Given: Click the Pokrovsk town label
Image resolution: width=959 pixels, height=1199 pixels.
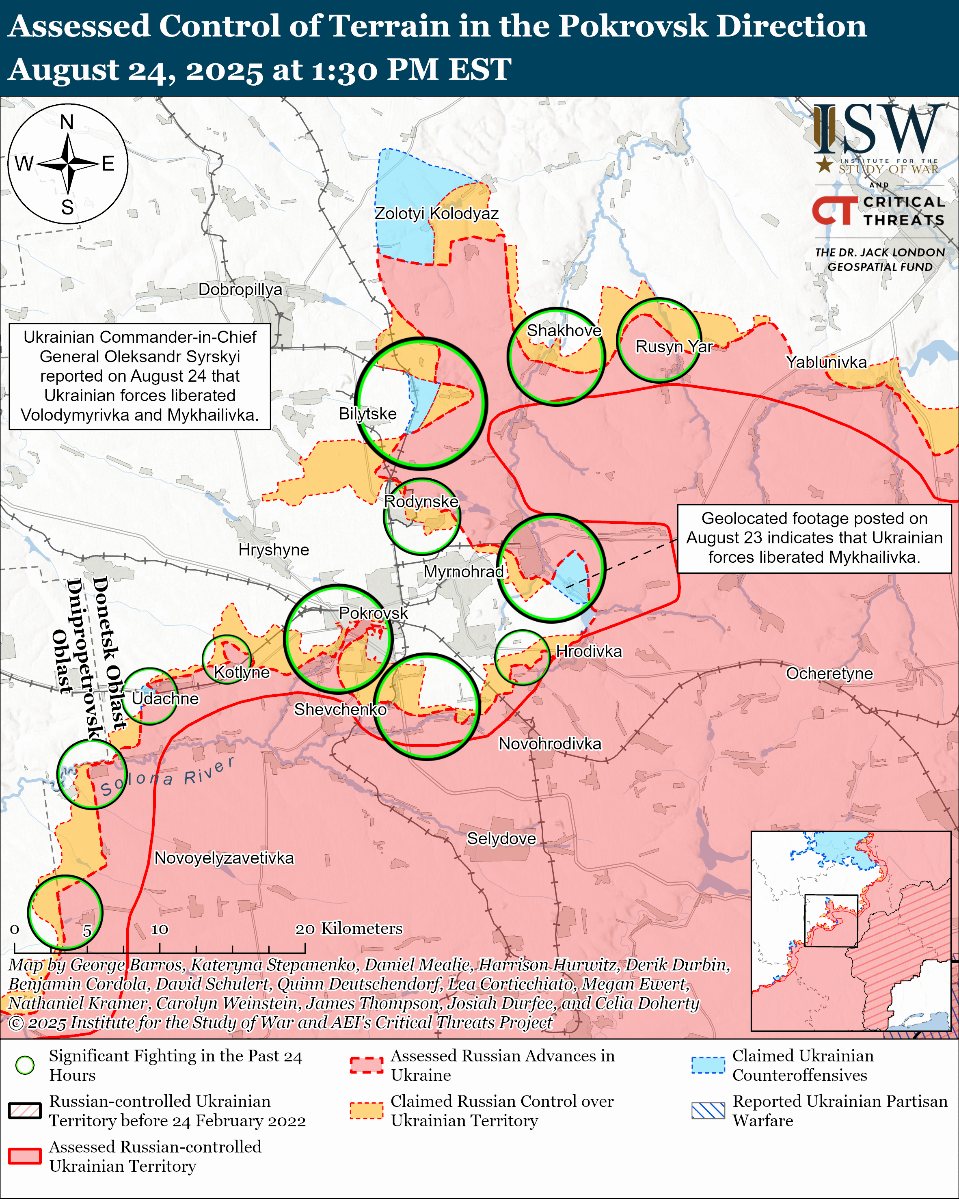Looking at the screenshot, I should coord(373,613).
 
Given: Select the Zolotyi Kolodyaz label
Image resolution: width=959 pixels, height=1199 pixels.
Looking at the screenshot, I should coord(436,214).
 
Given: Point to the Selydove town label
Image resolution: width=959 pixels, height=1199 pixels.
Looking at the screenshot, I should coord(501,838).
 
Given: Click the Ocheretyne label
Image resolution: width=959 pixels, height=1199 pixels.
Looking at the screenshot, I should coord(829,674).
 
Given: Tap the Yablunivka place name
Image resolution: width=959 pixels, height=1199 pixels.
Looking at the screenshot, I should coord(826,362).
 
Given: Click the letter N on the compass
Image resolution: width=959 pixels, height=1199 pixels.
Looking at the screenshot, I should coord(67,122).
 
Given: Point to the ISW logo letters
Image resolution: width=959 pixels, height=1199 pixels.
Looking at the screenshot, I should coord(878,129).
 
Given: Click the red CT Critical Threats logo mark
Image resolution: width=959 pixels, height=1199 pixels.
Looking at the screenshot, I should coord(834,211).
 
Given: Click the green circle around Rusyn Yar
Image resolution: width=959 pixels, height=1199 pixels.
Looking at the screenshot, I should coord(658,340).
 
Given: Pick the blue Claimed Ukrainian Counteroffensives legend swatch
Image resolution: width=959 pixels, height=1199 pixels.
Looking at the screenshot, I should coord(708,1065).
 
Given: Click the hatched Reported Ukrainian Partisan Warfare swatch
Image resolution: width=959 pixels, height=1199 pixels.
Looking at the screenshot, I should coord(708,1110).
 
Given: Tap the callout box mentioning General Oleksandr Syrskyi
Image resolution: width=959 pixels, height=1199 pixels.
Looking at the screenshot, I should coord(140,376).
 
